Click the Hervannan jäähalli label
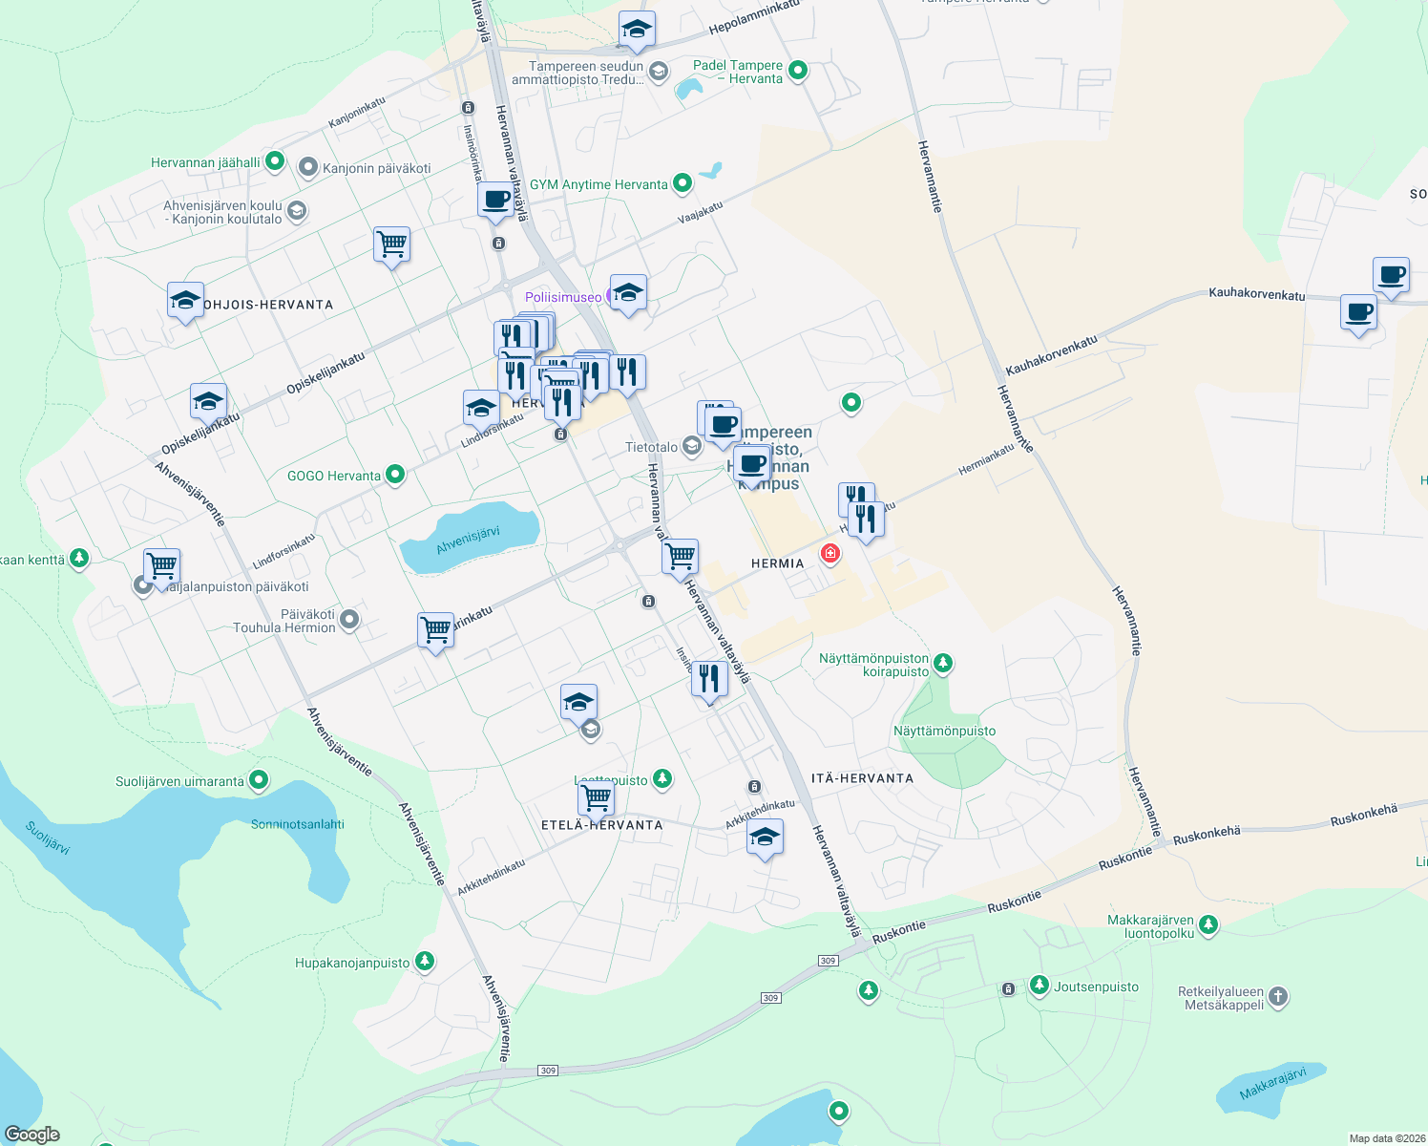[x=205, y=162]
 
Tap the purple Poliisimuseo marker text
[x=564, y=297]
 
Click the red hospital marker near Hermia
[x=830, y=554]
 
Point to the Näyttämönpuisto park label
[x=944, y=731]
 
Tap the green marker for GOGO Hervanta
[x=395, y=475]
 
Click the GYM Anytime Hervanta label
[x=598, y=184]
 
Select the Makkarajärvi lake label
[x=1272, y=1084]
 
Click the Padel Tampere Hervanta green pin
[x=799, y=70]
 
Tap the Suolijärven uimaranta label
[x=179, y=781]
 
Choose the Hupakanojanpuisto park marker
[x=425, y=962]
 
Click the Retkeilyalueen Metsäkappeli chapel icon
[x=1278, y=997]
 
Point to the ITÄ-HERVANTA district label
[x=862, y=778]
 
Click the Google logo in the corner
[x=32, y=1135]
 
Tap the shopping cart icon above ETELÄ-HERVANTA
[x=596, y=796]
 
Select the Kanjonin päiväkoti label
[x=376, y=168]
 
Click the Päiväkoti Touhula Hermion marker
[x=349, y=620]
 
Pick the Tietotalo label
[x=651, y=447]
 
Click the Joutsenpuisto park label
[x=1096, y=987]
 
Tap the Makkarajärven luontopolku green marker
[x=1208, y=923]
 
